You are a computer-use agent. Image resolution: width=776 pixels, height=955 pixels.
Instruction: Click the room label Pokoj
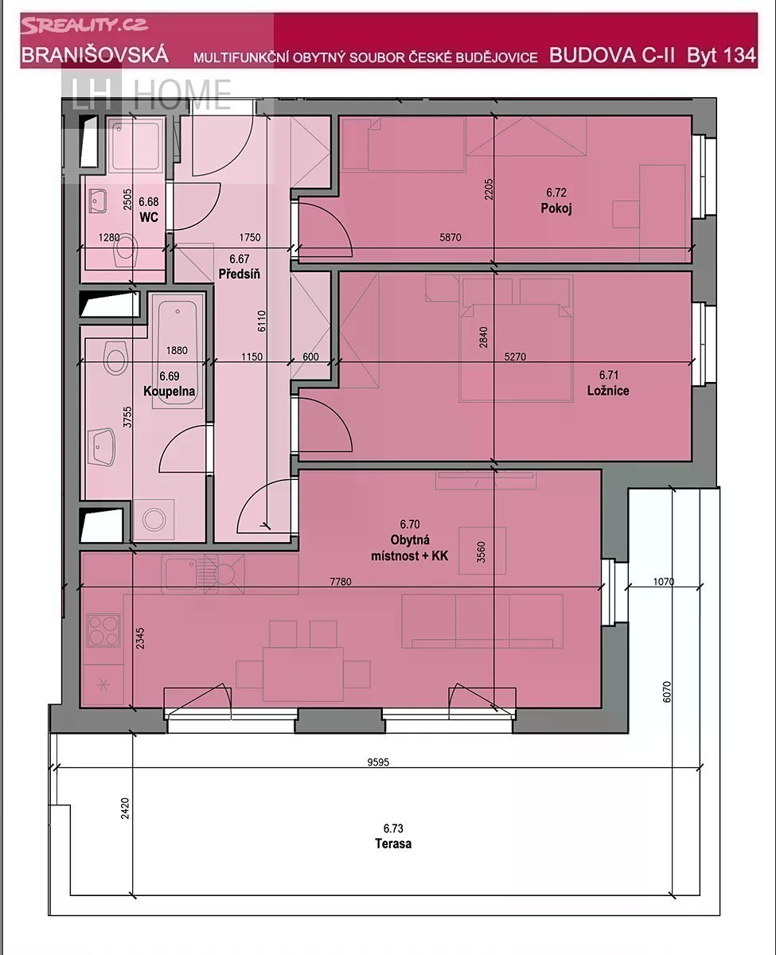tap(556, 209)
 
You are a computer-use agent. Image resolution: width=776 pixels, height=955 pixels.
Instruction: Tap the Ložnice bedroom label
tap(608, 391)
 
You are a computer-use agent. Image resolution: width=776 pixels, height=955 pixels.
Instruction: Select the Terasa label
tap(393, 844)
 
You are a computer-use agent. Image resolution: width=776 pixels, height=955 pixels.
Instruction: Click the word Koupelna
tap(169, 392)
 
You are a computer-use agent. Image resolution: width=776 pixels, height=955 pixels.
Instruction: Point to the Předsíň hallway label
tap(239, 274)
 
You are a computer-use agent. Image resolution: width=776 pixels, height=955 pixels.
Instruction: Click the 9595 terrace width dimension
tap(378, 762)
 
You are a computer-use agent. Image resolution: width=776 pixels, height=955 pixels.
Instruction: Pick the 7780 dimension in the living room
tap(341, 582)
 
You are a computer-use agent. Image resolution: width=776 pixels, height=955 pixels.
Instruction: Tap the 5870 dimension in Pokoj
tap(450, 238)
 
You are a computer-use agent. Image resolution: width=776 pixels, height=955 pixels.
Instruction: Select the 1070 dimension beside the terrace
tap(664, 582)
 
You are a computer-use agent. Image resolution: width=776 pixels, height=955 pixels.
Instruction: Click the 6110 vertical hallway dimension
tap(262, 321)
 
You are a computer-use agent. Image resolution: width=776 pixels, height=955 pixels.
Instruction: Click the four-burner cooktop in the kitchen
tap(104, 630)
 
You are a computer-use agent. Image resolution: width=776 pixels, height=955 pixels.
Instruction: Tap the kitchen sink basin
tap(181, 574)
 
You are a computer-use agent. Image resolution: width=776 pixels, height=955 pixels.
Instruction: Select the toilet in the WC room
tap(125, 250)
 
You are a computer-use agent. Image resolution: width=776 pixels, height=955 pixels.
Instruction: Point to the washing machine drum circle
tap(154, 520)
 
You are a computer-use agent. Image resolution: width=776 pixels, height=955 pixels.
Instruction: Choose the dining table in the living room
tap(303, 674)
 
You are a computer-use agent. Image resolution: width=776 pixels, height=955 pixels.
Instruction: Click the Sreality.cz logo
tap(84, 25)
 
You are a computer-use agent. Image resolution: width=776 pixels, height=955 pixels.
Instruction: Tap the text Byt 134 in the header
tap(721, 55)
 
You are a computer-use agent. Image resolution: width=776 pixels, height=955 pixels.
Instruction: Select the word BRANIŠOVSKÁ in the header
tap(95, 55)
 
